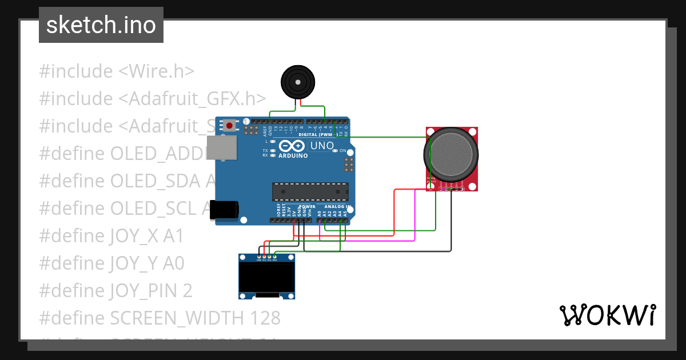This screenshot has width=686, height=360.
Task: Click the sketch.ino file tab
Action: click(x=101, y=25)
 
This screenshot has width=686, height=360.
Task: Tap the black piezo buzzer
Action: click(x=298, y=82)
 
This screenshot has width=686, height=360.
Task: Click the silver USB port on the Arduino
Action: click(x=221, y=148)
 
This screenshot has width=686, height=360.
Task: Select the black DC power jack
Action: click(x=223, y=210)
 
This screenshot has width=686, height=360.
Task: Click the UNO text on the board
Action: click(x=322, y=146)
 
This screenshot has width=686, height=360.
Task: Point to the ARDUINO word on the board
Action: click(x=293, y=155)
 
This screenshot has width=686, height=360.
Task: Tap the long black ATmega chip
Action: click(x=310, y=191)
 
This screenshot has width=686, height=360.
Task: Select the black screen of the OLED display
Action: click(x=266, y=277)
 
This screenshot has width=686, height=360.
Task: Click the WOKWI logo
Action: click(x=607, y=315)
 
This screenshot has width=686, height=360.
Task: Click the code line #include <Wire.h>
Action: click(x=117, y=71)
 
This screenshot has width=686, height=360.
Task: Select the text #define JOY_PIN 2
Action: click(x=115, y=291)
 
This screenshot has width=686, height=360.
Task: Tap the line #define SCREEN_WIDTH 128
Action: click(x=159, y=318)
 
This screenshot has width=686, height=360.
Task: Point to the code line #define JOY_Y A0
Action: click(x=111, y=263)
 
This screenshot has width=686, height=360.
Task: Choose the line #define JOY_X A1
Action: click(x=111, y=235)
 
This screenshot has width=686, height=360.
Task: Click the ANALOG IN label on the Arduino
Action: click(x=334, y=206)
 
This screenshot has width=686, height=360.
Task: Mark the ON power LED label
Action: click(x=343, y=151)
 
